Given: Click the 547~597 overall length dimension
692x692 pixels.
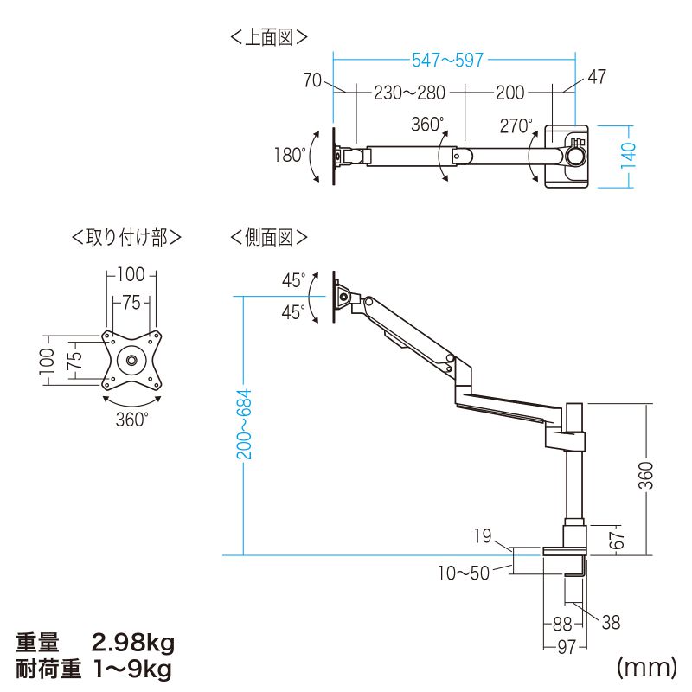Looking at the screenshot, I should pos(447,60).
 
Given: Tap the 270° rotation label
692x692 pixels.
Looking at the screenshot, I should pos(516,126).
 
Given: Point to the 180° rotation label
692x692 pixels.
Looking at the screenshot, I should pos(290,156).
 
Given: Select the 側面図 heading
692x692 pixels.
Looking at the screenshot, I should pos(269,236).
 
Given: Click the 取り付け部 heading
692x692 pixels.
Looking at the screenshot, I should pos(126,236).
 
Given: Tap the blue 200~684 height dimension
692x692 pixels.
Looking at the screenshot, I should pos(245,423).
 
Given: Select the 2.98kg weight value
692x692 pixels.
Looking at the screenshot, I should pos(133,643).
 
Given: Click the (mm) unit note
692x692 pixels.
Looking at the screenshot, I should pos(644,667).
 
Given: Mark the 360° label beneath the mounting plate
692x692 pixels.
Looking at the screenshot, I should pos(131,420).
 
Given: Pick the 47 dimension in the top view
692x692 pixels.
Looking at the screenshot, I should pos(596,77).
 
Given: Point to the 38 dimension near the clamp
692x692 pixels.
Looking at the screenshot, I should pos(610,623).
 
